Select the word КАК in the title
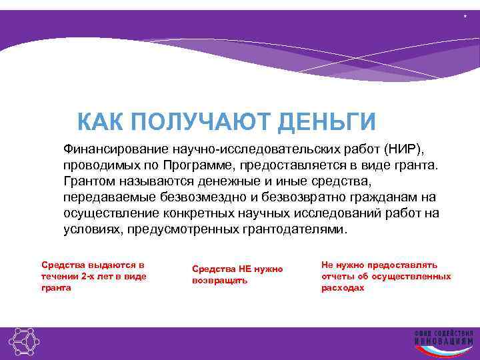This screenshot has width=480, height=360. (101, 123)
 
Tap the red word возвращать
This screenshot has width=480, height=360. (219, 281)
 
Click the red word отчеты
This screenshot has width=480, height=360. (337, 276)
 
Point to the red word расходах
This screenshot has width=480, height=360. (343, 287)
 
